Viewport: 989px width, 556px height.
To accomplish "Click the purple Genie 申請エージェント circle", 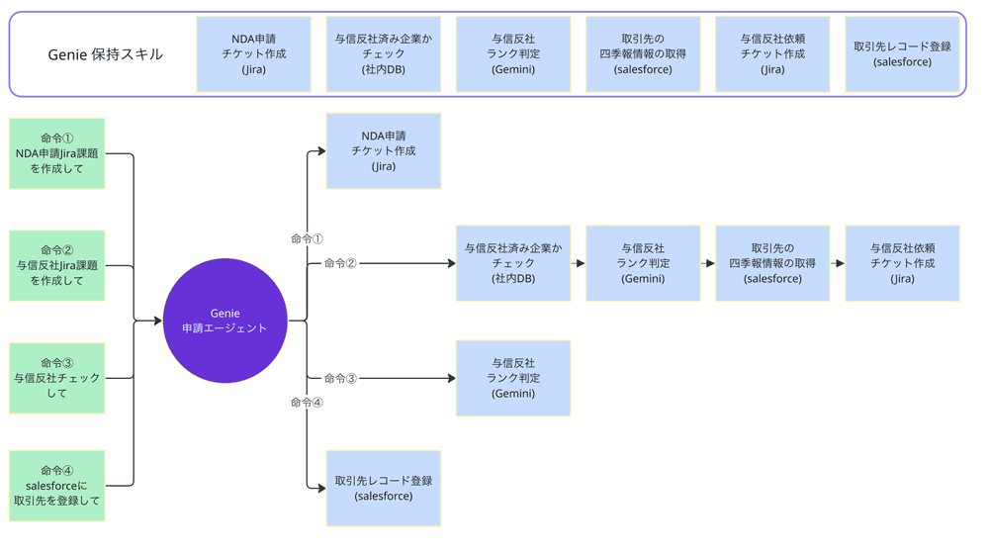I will click(225, 321).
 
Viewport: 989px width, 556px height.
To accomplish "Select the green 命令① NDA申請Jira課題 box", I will click(57, 153).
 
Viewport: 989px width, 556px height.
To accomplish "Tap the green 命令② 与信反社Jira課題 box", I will click(57, 265).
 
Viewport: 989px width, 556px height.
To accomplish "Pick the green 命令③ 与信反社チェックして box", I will click(57, 378).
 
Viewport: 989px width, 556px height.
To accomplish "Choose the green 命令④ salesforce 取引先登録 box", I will click(57, 486).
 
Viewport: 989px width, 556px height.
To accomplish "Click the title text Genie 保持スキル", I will click(105, 54).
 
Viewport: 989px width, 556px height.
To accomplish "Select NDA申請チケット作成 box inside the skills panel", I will click(254, 54).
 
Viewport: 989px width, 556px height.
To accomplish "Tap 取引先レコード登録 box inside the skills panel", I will click(902, 54).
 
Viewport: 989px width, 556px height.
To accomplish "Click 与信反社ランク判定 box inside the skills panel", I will click(513, 54).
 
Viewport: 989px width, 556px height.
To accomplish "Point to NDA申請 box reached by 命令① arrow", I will click(384, 151).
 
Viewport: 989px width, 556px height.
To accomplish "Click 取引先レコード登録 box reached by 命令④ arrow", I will click(384, 488).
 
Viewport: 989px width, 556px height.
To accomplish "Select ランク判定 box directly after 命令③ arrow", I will click(513, 378).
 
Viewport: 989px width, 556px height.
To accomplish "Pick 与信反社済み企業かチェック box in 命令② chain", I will click(513, 263).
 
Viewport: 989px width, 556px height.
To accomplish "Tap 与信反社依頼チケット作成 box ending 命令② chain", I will click(902, 263).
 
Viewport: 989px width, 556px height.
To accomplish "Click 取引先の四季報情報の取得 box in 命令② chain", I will click(772, 263).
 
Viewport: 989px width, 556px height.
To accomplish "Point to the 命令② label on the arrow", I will click(340, 264).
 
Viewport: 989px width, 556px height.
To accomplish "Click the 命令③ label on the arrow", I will click(340, 379).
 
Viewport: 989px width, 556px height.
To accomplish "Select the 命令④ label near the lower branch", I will click(307, 403).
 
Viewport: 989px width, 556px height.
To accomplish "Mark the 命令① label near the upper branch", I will click(307, 239).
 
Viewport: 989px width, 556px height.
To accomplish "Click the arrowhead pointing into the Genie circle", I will click(157, 321).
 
